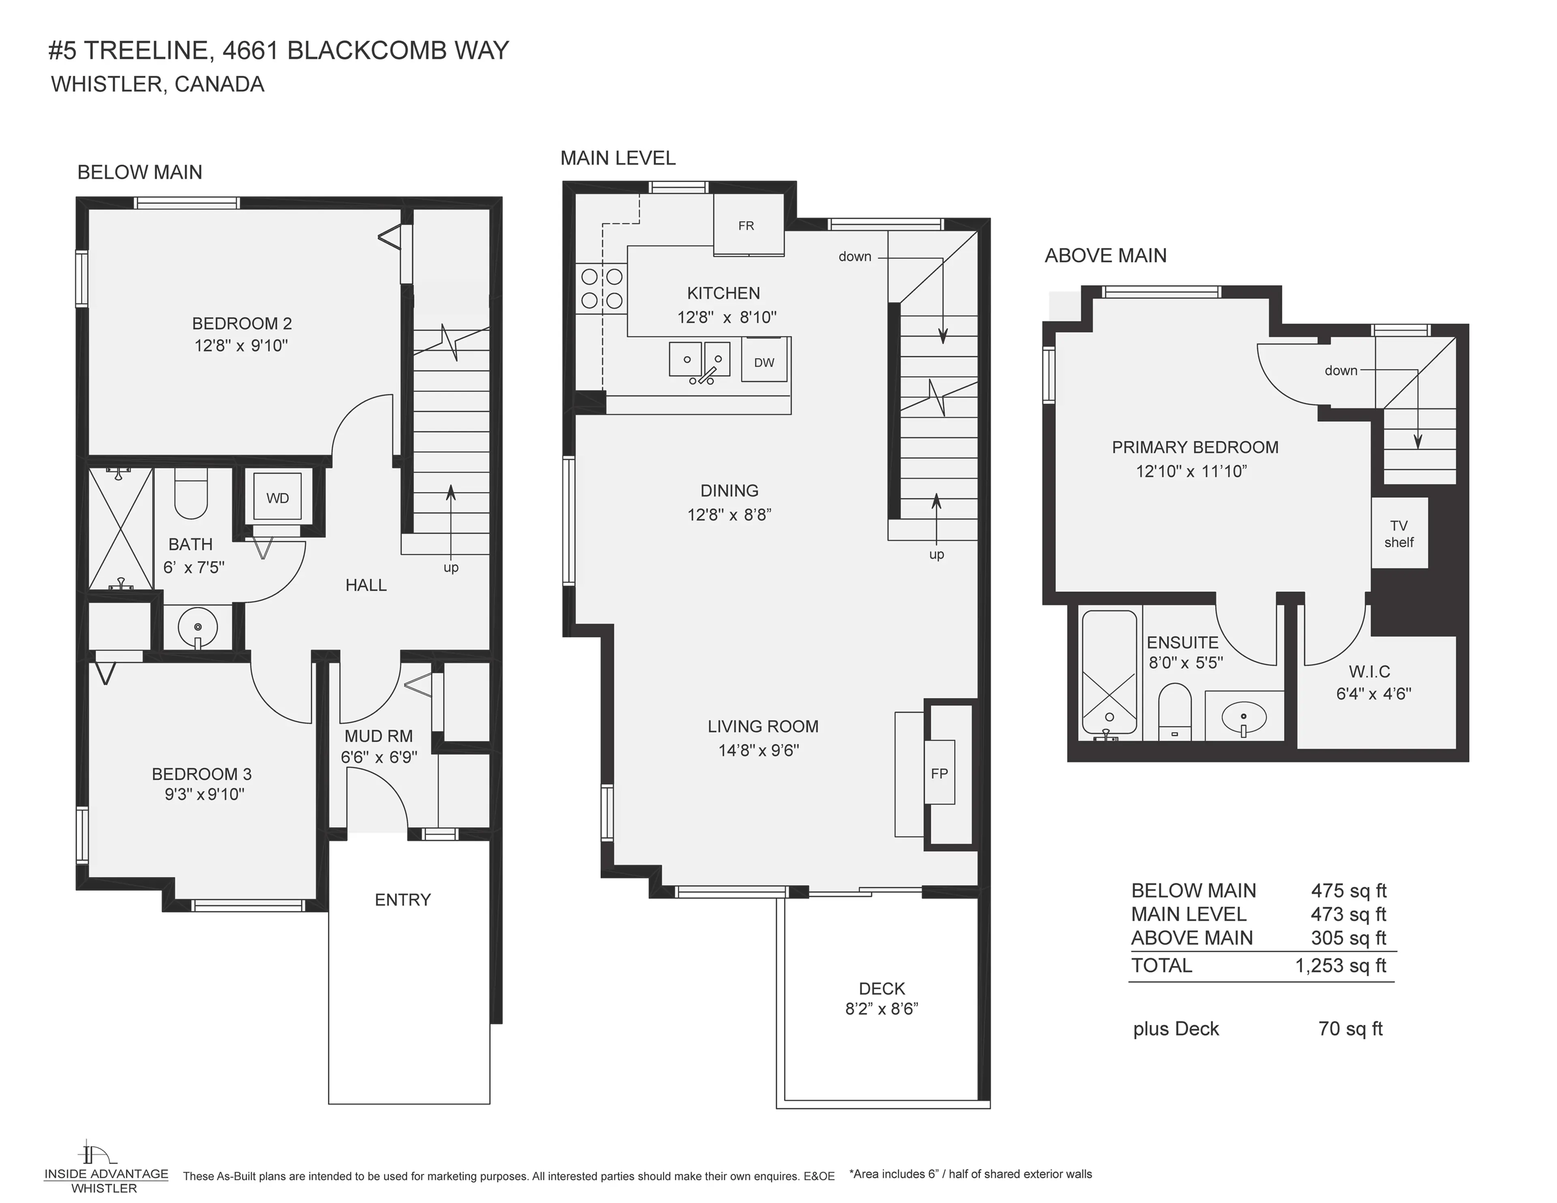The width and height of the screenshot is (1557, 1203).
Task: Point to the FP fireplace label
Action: click(x=939, y=773)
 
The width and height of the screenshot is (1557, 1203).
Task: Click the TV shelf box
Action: click(x=1399, y=533)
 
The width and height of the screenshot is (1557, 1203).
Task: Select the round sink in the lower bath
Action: click(x=197, y=627)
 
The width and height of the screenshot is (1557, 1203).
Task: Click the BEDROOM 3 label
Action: click(x=202, y=774)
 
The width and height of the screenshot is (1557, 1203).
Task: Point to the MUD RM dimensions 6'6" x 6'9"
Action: click(x=379, y=757)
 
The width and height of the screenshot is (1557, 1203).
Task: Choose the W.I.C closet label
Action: click(x=1369, y=671)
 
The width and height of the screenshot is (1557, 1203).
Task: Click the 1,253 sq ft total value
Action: click(x=1340, y=965)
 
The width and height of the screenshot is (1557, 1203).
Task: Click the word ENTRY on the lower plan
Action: click(x=403, y=899)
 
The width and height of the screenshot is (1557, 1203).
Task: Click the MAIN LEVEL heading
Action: click(x=618, y=158)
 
